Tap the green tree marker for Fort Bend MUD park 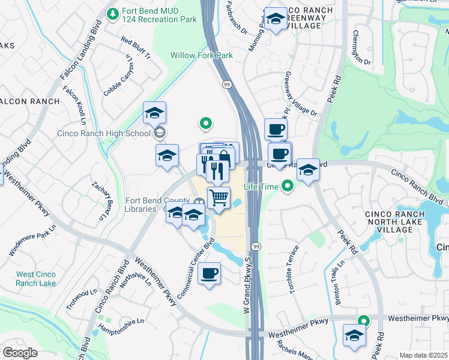click(x=112, y=13)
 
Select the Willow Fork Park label click(x=202, y=55)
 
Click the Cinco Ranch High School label click(x=105, y=133)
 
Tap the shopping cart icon click(x=219, y=197)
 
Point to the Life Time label click(x=262, y=187)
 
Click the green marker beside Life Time click(x=288, y=187)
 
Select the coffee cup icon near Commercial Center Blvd click(x=208, y=274)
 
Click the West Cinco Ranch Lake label click(x=36, y=278)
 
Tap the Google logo click(x=20, y=353)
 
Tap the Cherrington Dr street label click(x=362, y=47)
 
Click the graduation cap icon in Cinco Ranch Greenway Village click(x=276, y=19)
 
